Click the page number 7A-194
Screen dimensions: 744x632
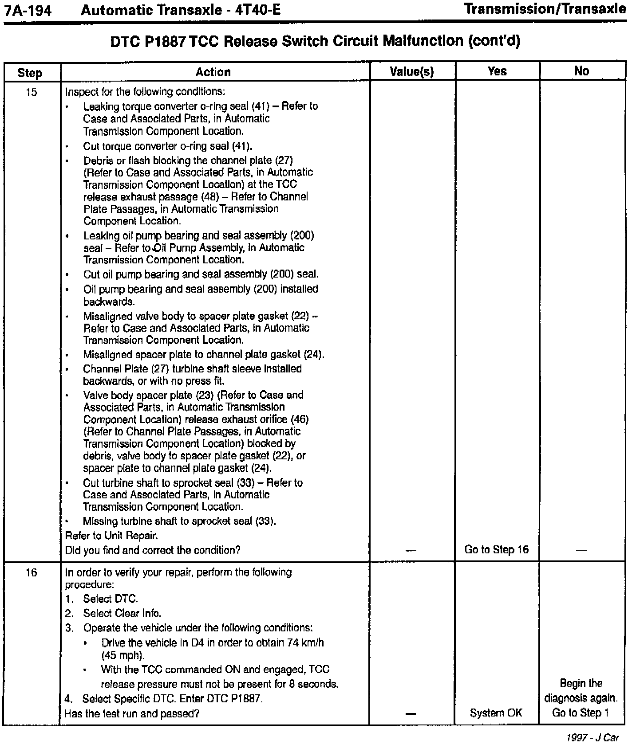click(x=27, y=9)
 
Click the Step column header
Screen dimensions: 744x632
click(x=30, y=73)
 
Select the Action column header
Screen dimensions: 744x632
click(x=213, y=72)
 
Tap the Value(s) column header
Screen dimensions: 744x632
click(x=412, y=72)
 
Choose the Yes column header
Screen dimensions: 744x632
click(x=497, y=71)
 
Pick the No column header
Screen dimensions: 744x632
click(x=581, y=71)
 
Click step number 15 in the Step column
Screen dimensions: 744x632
click(x=31, y=93)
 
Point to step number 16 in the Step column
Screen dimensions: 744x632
click(x=31, y=573)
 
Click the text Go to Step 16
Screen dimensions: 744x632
click(x=497, y=550)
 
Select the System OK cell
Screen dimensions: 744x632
click(x=496, y=713)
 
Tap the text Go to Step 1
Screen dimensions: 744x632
click(x=581, y=713)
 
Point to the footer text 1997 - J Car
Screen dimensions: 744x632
click(x=592, y=738)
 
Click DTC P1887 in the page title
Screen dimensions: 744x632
click(x=148, y=42)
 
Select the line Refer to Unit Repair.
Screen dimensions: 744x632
click(x=111, y=536)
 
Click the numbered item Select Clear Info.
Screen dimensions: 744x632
click(x=122, y=614)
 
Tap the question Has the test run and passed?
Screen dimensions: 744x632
click(x=132, y=713)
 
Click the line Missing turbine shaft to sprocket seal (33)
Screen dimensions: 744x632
click(x=179, y=521)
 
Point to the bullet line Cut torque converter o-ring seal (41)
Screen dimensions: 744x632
click(x=168, y=146)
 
